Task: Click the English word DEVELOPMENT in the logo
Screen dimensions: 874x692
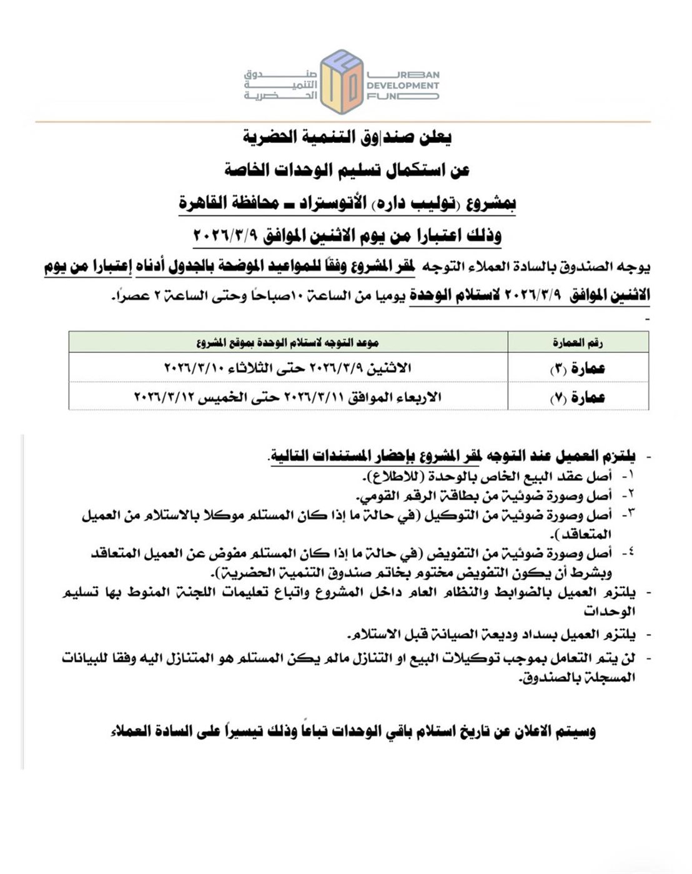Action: click(403, 86)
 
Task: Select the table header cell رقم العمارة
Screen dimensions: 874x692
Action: click(578, 342)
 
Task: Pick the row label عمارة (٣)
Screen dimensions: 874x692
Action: click(578, 368)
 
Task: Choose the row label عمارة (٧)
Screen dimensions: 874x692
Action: click(578, 396)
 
